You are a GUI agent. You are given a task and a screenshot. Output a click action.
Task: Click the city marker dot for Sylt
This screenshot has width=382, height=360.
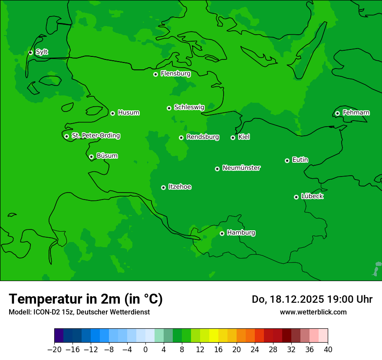(x=30, y=52)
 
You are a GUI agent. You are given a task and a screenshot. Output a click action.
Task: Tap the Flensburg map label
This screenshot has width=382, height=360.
(x=175, y=74)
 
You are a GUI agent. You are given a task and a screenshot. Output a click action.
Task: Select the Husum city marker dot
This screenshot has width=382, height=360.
(x=112, y=113)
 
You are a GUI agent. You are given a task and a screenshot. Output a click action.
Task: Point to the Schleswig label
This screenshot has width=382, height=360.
(x=189, y=107)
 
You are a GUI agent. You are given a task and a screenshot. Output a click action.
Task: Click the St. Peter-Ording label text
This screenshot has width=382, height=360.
(x=95, y=136)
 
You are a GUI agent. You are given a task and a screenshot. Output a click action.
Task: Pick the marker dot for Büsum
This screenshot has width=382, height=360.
(x=91, y=157)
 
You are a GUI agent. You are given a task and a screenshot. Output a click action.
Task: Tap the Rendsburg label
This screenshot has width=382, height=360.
(x=202, y=137)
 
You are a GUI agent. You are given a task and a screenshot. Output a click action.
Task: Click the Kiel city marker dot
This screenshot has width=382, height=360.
(x=233, y=137)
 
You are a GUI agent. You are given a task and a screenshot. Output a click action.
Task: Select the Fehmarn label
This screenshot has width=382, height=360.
(x=356, y=113)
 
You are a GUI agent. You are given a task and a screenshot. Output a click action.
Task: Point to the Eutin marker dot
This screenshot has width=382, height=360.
(x=287, y=160)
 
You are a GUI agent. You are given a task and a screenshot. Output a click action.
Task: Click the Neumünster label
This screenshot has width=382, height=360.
(x=241, y=168)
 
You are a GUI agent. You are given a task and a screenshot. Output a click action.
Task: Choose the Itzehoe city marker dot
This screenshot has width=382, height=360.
(x=163, y=187)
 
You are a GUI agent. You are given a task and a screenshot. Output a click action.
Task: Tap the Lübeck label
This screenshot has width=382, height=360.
(x=312, y=196)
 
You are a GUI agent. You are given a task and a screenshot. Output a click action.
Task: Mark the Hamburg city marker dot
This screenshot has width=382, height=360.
(x=222, y=233)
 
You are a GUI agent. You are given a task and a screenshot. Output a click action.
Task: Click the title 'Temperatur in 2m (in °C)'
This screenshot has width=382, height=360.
(x=86, y=299)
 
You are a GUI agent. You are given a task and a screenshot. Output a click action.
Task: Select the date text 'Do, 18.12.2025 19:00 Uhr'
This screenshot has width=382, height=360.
(x=312, y=299)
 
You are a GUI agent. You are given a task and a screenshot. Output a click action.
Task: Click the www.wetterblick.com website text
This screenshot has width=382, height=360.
(x=313, y=312)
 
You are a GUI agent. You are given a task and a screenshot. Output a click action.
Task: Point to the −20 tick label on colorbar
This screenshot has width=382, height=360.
(x=54, y=350)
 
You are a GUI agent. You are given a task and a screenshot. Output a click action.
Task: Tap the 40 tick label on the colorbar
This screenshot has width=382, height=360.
(x=328, y=350)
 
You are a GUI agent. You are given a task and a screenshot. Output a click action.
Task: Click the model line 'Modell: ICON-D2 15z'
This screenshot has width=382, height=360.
(x=79, y=312)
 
